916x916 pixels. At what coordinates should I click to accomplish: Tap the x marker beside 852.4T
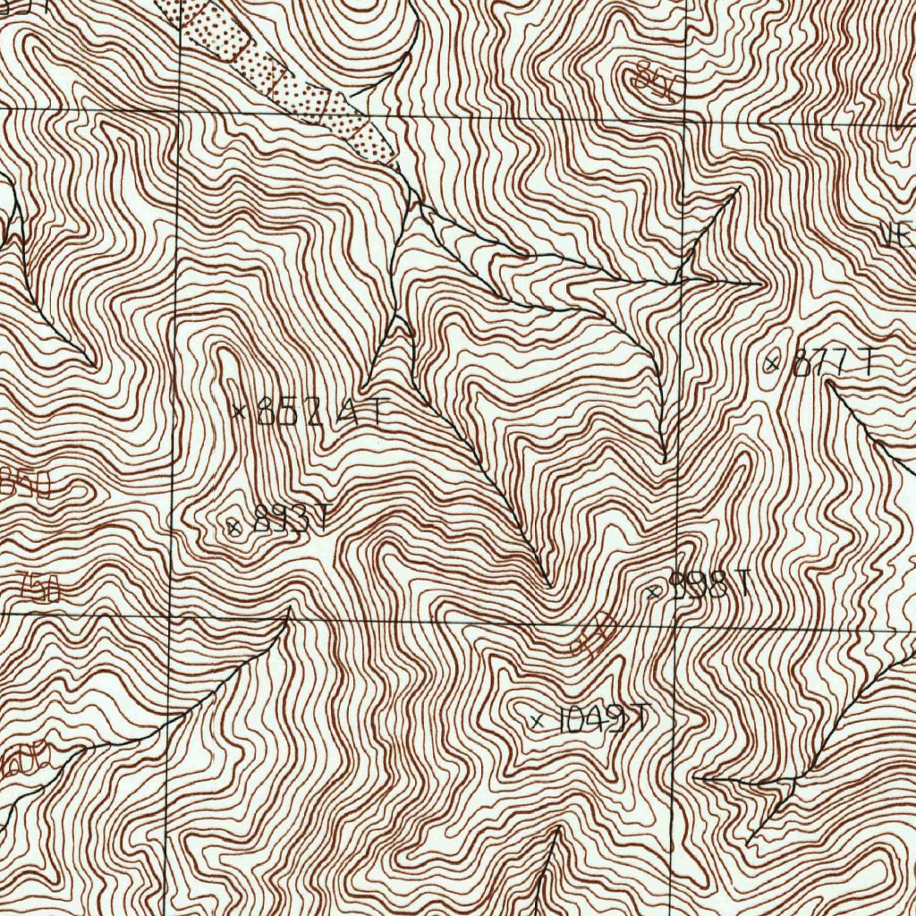pyautogui.click(x=238, y=412)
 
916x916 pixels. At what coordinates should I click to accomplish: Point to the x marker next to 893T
pyautogui.click(x=234, y=526)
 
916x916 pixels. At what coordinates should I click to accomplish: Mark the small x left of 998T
pyautogui.click(x=653, y=591)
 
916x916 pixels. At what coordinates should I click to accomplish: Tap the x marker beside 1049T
pyautogui.click(x=537, y=721)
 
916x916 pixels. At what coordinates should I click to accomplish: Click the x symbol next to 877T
pyautogui.click(x=772, y=362)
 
